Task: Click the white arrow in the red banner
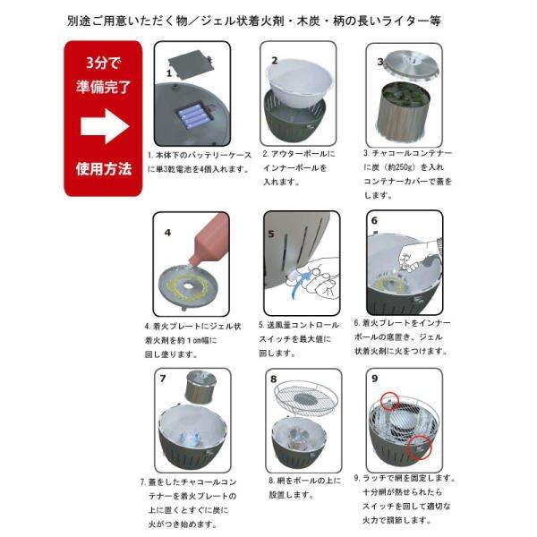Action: (x=105, y=126)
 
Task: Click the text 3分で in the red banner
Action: (x=103, y=63)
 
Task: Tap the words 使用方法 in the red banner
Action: (x=104, y=169)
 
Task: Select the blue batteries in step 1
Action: (x=192, y=115)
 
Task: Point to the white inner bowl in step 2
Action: (x=299, y=83)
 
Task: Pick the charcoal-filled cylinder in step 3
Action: (x=404, y=111)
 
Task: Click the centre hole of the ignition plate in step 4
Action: (x=187, y=285)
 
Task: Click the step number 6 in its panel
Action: (x=374, y=221)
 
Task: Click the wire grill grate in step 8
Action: (x=306, y=398)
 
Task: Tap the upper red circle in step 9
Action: (x=389, y=401)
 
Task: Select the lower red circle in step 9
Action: (x=420, y=447)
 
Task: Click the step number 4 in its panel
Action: (x=167, y=233)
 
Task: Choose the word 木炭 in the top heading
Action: (x=309, y=21)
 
